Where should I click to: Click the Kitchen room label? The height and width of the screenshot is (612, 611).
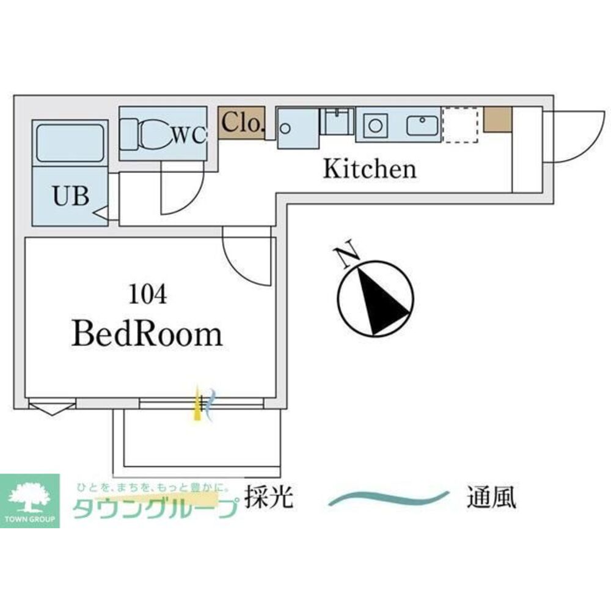pyautogui.click(x=370, y=169)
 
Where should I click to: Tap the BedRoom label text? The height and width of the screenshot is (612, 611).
pyautogui.click(x=147, y=334)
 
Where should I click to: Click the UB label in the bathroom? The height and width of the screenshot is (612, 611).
pyautogui.click(x=71, y=196)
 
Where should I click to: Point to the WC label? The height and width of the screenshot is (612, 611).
pyautogui.click(x=189, y=135)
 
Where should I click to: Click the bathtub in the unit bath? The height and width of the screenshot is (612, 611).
pyautogui.click(x=70, y=143)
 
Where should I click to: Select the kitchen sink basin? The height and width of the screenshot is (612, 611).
pyautogui.click(x=422, y=125)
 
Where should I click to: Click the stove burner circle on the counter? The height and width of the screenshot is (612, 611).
pyautogui.click(x=375, y=126)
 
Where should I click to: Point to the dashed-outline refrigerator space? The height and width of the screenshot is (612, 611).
pyautogui.click(x=461, y=125)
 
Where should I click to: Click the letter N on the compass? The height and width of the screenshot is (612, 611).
pyautogui.click(x=347, y=254)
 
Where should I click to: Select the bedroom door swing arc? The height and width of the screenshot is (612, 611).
pyautogui.click(x=239, y=268)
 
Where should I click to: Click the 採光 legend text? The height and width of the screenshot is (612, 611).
pyautogui.click(x=269, y=497)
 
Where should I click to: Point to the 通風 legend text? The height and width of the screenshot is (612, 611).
pyautogui.click(x=492, y=497)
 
